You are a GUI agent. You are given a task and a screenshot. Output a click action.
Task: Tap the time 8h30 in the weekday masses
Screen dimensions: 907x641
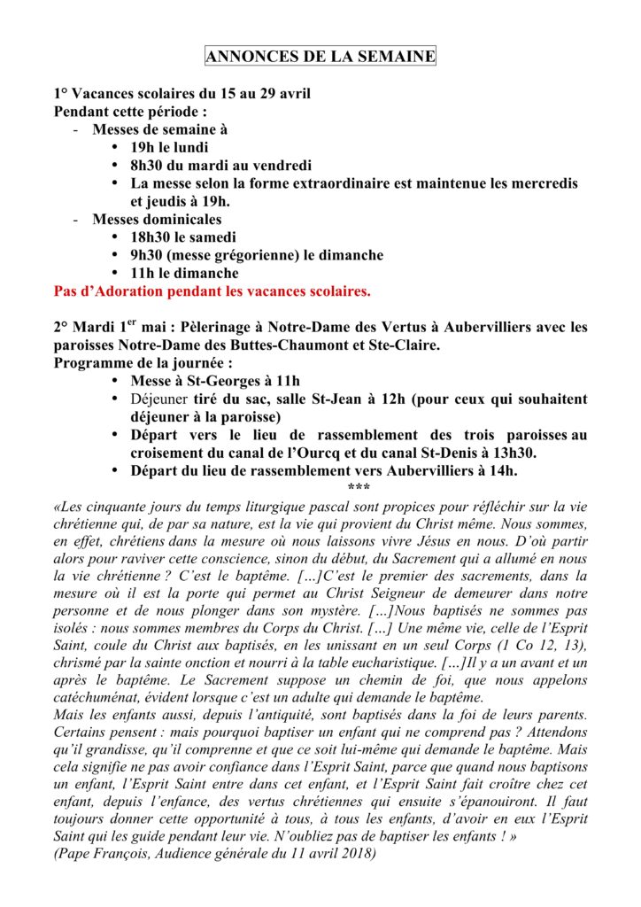[x=148, y=165]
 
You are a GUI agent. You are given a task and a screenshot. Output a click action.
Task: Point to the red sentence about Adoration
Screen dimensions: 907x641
[x=212, y=291]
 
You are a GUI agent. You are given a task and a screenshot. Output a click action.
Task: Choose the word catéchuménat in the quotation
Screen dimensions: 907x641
[x=100, y=698]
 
